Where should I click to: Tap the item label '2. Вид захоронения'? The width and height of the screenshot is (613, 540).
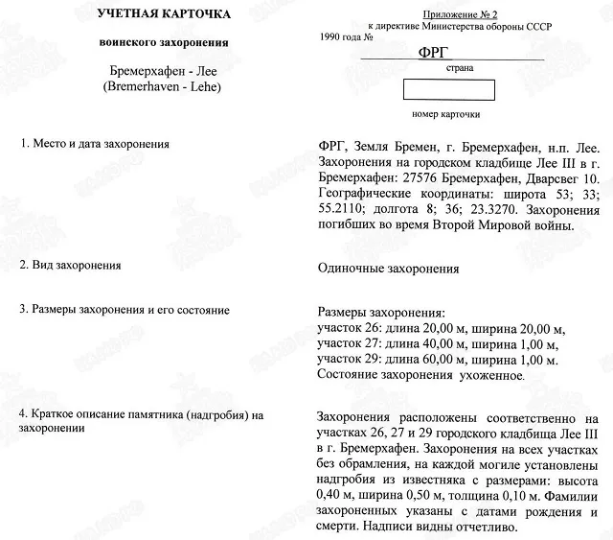pos(73,263)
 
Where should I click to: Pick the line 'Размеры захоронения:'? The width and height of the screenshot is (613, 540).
pos(380,314)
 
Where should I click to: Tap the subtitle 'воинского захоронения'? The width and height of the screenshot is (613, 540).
pos(164,44)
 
